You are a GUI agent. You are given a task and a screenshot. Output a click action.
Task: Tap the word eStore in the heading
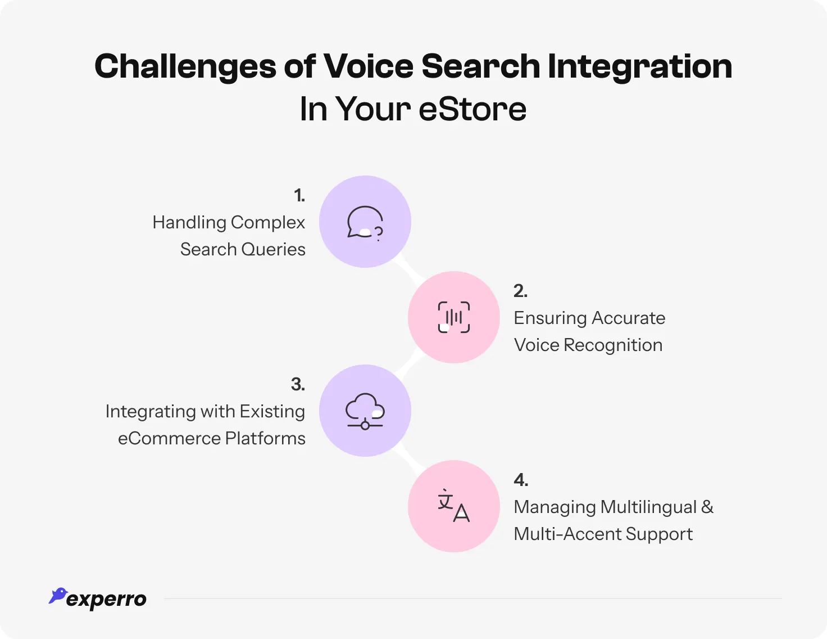(472, 109)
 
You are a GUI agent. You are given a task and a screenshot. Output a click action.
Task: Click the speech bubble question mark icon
(365, 222)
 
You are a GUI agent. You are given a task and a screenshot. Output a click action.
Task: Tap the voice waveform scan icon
(454, 317)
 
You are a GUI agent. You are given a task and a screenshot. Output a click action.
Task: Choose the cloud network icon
(365, 411)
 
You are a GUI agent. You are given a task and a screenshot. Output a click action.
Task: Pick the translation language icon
(454, 506)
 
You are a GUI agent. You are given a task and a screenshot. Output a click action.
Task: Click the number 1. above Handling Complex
(299, 196)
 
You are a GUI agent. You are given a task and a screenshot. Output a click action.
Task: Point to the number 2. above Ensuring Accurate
(520, 291)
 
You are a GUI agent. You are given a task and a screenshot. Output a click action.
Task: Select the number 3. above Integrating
(298, 385)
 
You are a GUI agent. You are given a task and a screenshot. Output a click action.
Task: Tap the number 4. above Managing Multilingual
(521, 480)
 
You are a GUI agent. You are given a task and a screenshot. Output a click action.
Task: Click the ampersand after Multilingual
(707, 507)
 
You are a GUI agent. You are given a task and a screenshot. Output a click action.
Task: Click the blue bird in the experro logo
(57, 596)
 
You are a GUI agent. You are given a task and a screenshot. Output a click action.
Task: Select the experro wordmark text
(106, 600)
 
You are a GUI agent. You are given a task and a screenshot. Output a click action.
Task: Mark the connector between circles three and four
(409, 458)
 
